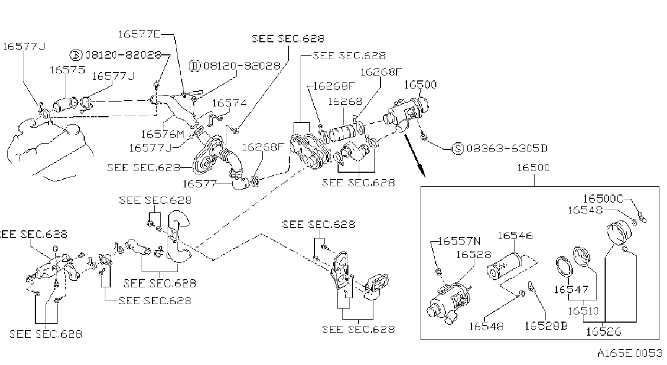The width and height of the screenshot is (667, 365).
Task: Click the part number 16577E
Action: point(139,34)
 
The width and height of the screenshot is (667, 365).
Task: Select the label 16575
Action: point(67,70)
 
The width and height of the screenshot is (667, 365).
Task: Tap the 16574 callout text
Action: point(229,103)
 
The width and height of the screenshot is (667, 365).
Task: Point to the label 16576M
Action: point(163,134)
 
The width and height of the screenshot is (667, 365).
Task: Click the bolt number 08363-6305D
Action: point(507,148)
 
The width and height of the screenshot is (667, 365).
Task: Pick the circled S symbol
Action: point(458,148)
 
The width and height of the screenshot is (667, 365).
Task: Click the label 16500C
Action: point(602,199)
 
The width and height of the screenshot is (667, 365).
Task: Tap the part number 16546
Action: point(515,236)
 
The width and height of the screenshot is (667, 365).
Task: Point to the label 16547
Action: point(571,290)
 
